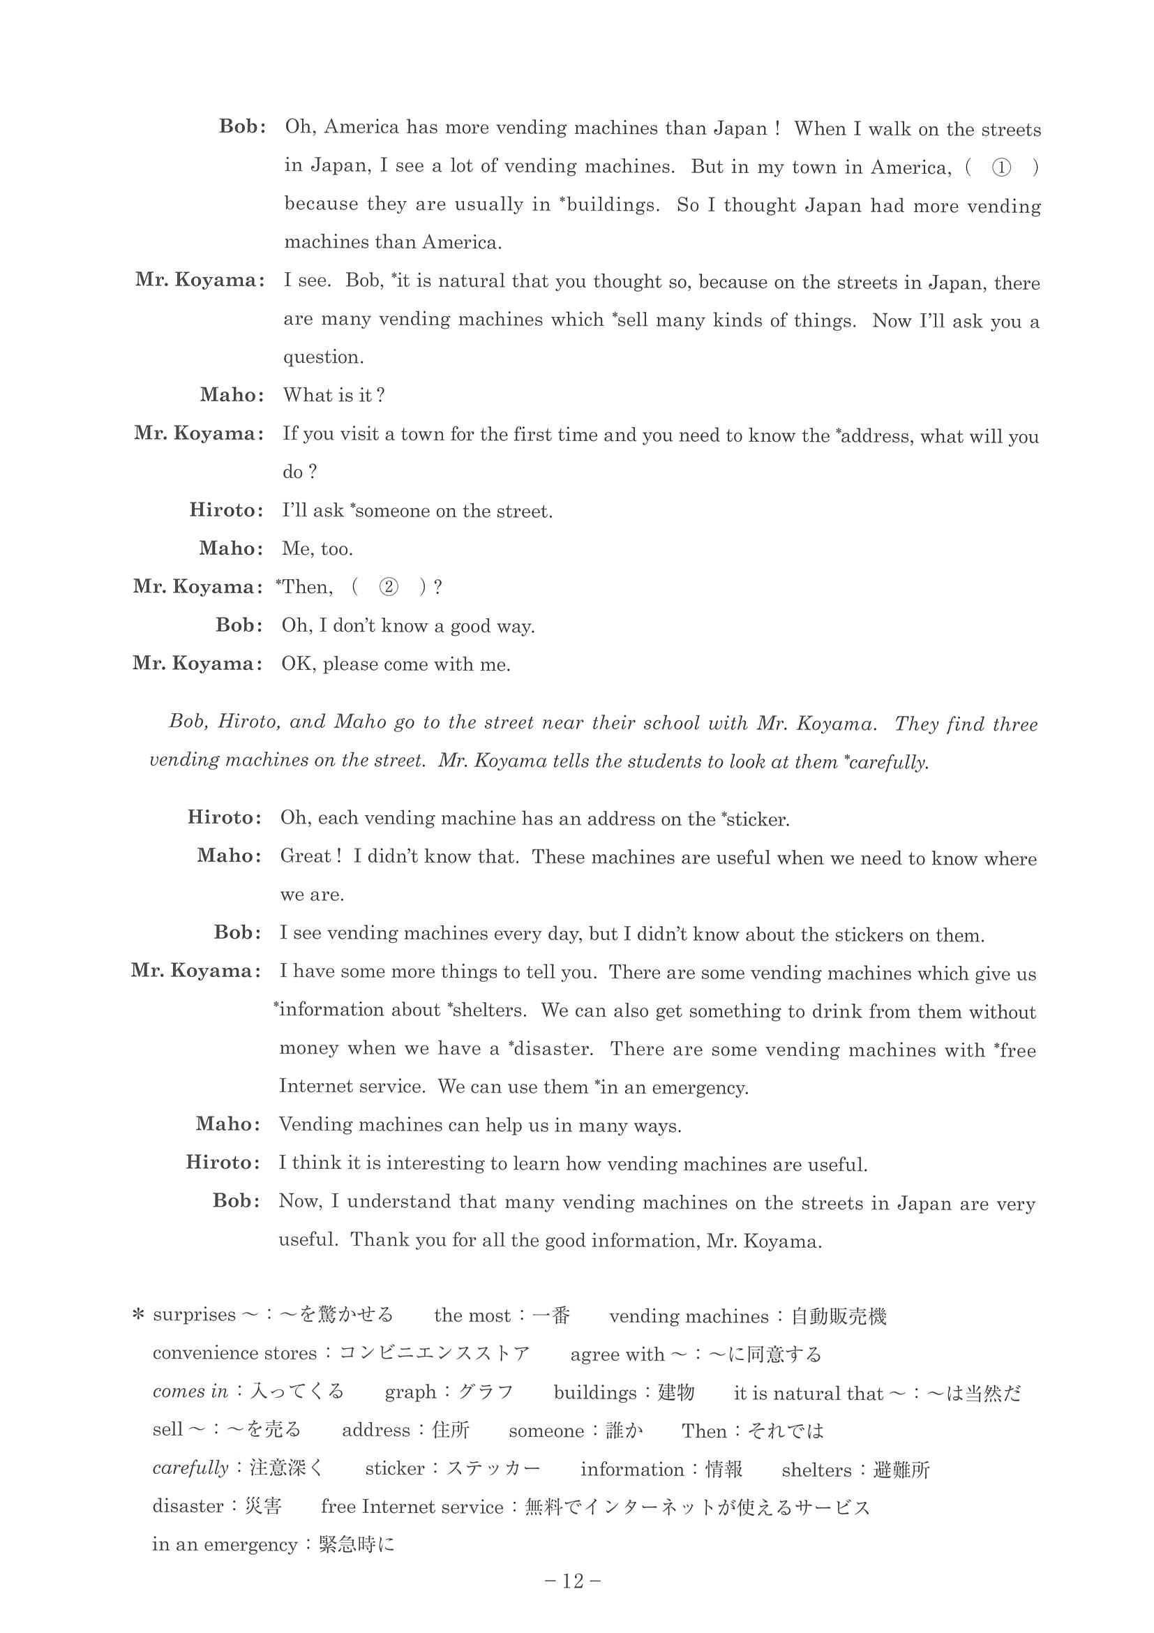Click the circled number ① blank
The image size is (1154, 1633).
coord(1001,168)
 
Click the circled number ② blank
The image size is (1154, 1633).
coord(387,587)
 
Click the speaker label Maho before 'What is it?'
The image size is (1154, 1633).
coord(231,395)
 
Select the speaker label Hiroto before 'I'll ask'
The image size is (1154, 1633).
coord(225,510)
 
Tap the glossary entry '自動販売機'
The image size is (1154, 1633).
coord(839,1316)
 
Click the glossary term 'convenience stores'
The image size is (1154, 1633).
coord(234,1353)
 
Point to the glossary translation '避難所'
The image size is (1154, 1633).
coord(901,1470)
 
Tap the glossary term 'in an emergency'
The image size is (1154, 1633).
coord(224,1545)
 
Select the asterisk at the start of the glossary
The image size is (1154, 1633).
coord(139,1316)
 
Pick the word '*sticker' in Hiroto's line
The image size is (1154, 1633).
coord(755,819)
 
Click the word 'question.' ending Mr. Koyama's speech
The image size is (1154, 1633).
coord(324,357)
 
